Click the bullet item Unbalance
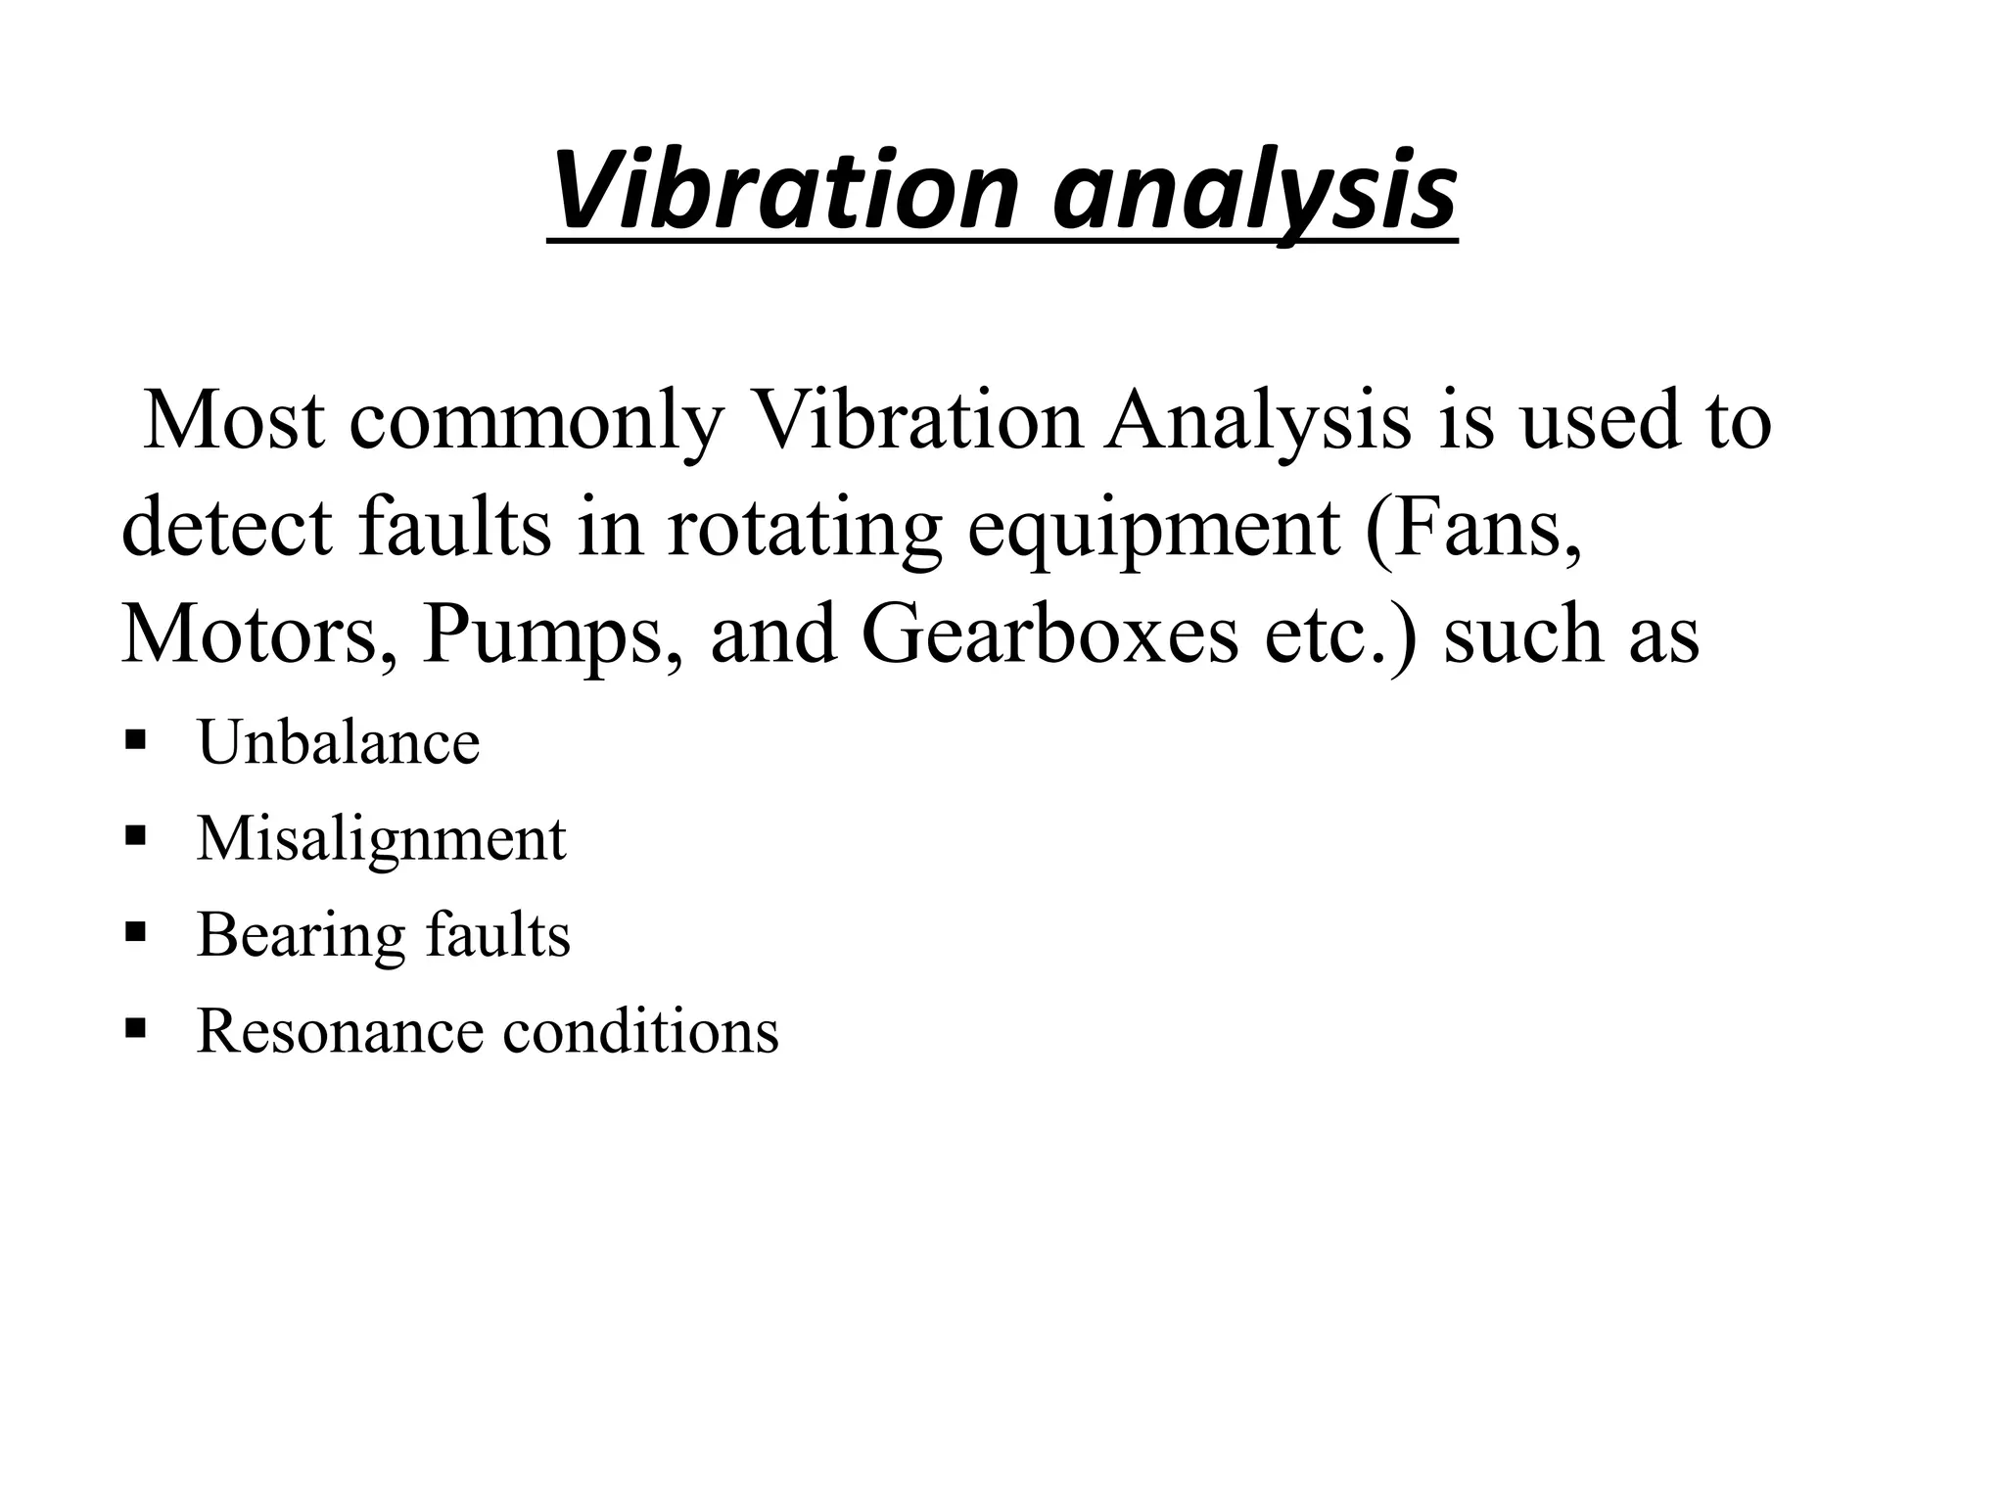(x=339, y=742)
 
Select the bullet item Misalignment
(x=382, y=840)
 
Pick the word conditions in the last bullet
(x=640, y=1031)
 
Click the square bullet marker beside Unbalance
(x=136, y=737)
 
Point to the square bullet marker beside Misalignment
(x=136, y=834)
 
